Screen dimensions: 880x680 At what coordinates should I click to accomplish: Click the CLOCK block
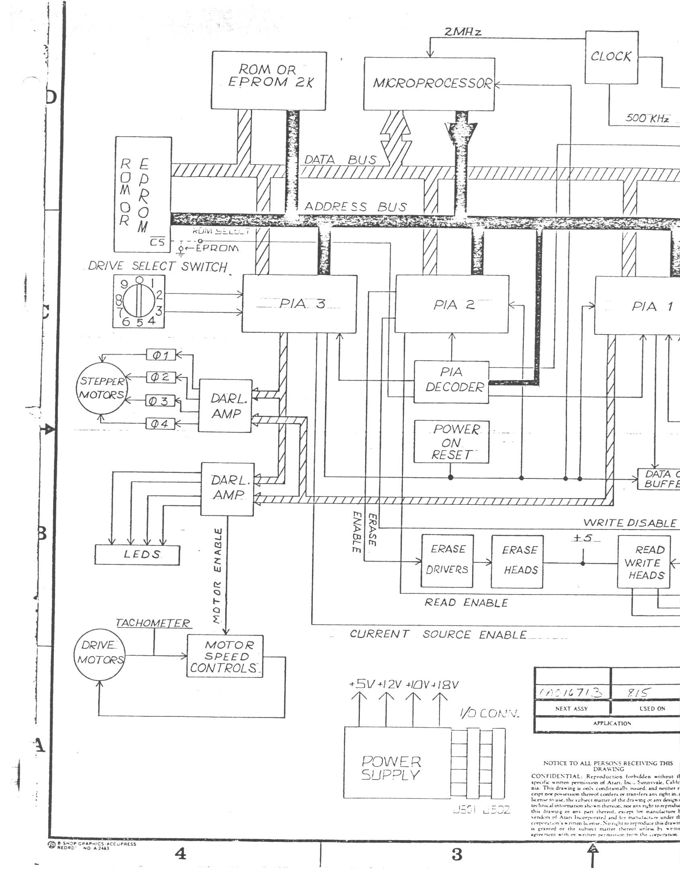(612, 57)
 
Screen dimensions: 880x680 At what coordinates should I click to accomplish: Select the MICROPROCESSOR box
(429, 84)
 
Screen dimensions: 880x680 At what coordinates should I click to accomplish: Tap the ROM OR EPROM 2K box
(269, 80)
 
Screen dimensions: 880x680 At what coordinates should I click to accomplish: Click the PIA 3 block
(299, 304)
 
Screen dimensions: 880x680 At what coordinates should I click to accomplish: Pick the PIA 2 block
(452, 304)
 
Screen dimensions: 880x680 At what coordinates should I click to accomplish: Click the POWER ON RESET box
(452, 442)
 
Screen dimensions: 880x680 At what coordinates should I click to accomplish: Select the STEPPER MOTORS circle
(102, 388)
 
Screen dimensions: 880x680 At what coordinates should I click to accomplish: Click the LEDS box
(137, 555)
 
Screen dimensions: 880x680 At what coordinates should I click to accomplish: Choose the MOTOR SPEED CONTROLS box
(225, 656)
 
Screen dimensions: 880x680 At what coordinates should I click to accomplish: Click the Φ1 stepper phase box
(160, 355)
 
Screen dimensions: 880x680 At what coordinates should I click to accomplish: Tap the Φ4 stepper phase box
(160, 423)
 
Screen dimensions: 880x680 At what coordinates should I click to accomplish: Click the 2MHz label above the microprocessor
(462, 32)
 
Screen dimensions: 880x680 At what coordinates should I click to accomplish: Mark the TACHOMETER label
(153, 623)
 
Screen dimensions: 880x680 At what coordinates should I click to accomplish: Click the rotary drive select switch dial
(139, 302)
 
